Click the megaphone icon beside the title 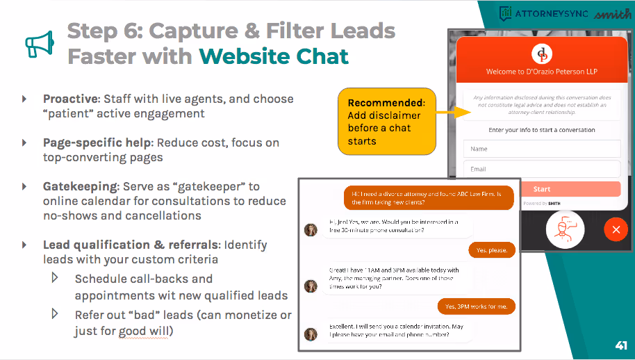pos(39,43)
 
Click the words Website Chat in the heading pos(274,56)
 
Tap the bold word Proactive pos(71,99)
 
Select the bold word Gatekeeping pos(80,186)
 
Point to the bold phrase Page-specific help pos(97,142)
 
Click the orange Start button pos(542,189)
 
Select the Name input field pos(542,149)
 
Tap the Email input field pos(542,169)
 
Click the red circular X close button pos(616,229)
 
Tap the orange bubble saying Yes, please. pos(492,249)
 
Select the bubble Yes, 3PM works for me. pos(477,306)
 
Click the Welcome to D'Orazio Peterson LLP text pos(541,72)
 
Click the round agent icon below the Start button pos(564,230)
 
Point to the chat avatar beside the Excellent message pos(311,334)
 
